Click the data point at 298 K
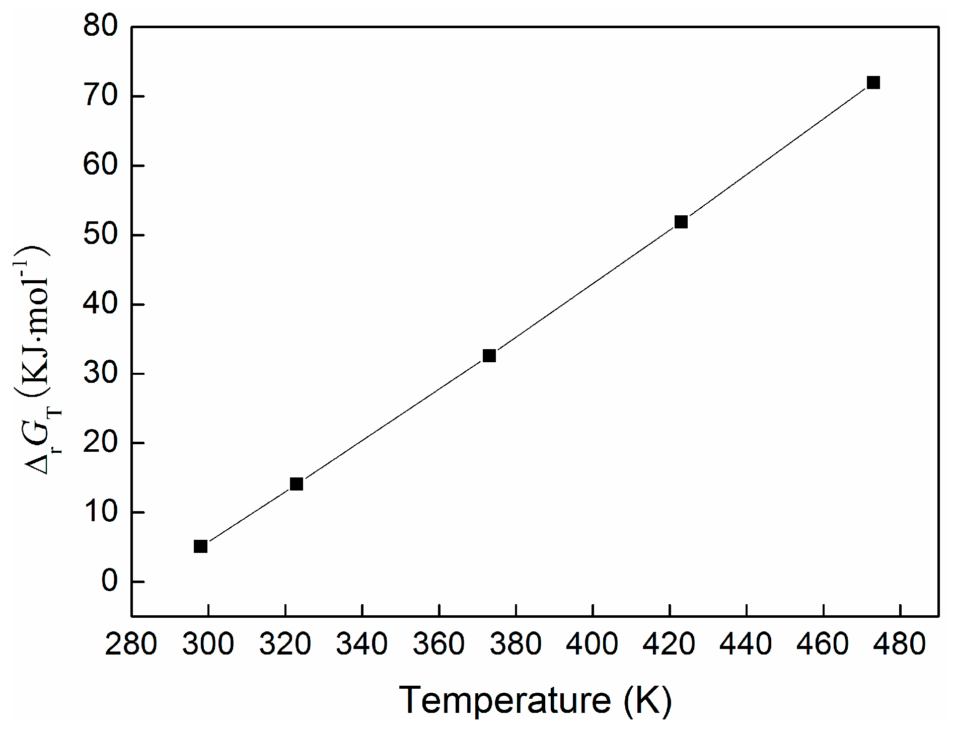click(x=200, y=546)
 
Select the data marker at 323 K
click(x=297, y=484)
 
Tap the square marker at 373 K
click(x=489, y=356)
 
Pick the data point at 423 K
click(x=681, y=222)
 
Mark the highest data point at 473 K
click(x=873, y=83)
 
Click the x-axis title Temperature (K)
click(x=536, y=700)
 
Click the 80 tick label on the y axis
click(x=101, y=26)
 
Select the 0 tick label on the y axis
click(x=109, y=582)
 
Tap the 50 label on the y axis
click(x=101, y=235)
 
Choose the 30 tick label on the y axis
click(x=101, y=374)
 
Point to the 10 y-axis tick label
click(x=101, y=513)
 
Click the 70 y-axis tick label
click(x=101, y=96)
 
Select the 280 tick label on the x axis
click(x=131, y=644)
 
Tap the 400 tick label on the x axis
click(x=593, y=644)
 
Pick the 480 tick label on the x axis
click(x=900, y=644)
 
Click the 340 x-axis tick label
click(x=362, y=644)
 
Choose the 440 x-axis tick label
click(x=746, y=644)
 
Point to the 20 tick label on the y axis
click(x=101, y=443)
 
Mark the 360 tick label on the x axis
click(x=439, y=644)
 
